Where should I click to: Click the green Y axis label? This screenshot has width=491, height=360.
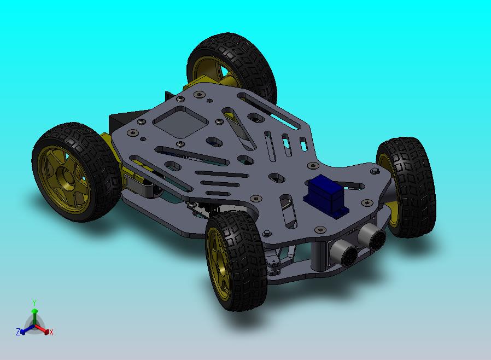[x=34, y=303]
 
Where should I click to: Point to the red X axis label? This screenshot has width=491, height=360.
[x=51, y=332]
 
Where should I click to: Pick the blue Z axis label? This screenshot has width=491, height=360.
[x=18, y=332]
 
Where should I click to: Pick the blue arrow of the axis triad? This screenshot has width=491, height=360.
[x=25, y=329]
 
